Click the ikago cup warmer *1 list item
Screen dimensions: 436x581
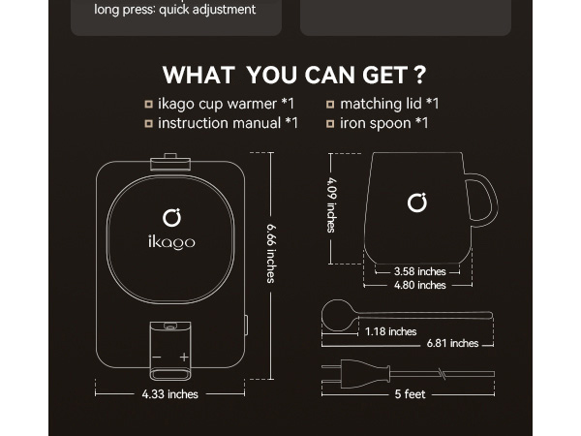pyautogui.click(x=226, y=104)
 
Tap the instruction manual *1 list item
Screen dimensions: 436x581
pyautogui.click(x=228, y=123)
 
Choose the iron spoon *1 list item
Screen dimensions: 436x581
pyautogui.click(x=383, y=123)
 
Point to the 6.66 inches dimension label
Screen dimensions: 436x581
pyautogui.click(x=272, y=253)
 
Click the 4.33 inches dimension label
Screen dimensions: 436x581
pyautogui.click(x=169, y=394)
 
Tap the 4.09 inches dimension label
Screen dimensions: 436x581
pyautogui.click(x=331, y=205)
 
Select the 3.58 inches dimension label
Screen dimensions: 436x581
pyautogui.click(x=419, y=271)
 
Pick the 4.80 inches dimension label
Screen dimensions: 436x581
pyautogui.click(x=419, y=285)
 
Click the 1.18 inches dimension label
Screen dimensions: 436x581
pyautogui.click(x=390, y=331)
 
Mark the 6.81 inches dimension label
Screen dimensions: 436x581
pyautogui.click(x=452, y=343)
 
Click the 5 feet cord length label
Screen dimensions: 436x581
pyautogui.click(x=410, y=394)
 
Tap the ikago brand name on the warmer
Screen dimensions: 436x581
pyautogui.click(x=171, y=241)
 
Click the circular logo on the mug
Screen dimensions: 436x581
pyautogui.click(x=417, y=202)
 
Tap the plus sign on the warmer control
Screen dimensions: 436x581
pyautogui.click(x=184, y=358)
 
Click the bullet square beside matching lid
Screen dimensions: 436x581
pyautogui.click(x=330, y=104)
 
